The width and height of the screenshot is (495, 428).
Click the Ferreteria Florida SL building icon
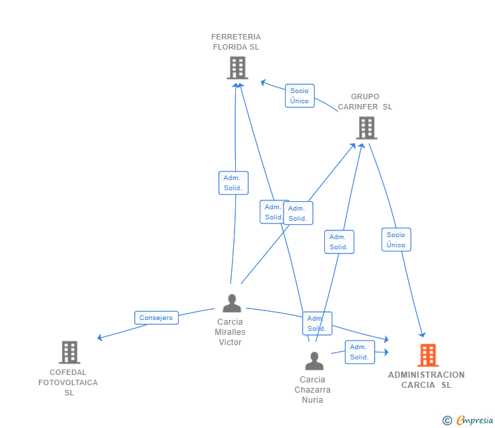(237, 68)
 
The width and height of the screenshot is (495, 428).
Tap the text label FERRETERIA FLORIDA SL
(236, 42)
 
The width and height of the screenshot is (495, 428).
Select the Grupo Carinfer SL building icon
(366, 128)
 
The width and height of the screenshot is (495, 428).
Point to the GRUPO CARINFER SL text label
(365, 102)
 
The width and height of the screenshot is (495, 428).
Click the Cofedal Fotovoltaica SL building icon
(69, 353)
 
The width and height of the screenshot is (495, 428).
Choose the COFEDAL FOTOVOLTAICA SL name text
(68, 382)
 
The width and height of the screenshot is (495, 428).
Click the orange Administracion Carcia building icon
(427, 355)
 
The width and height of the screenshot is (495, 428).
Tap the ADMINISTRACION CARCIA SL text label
(426, 380)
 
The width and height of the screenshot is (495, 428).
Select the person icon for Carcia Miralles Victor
(232, 303)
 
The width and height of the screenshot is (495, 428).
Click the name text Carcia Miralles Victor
(231, 332)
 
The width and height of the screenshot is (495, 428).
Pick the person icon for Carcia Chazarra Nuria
(313, 361)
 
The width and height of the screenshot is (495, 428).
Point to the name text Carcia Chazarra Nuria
(313, 390)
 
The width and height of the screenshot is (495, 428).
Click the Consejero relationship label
(156, 317)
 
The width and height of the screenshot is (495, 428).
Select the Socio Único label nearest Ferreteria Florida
(299, 96)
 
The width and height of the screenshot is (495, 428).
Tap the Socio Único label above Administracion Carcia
(396, 240)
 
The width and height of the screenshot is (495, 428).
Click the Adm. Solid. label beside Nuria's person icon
(359, 352)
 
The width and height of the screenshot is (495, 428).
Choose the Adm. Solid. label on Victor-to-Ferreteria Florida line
(233, 183)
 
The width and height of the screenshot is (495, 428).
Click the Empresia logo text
(475, 420)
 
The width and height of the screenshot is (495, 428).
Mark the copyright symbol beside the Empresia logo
(447, 421)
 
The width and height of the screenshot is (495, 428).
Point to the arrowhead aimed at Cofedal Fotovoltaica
(99, 338)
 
